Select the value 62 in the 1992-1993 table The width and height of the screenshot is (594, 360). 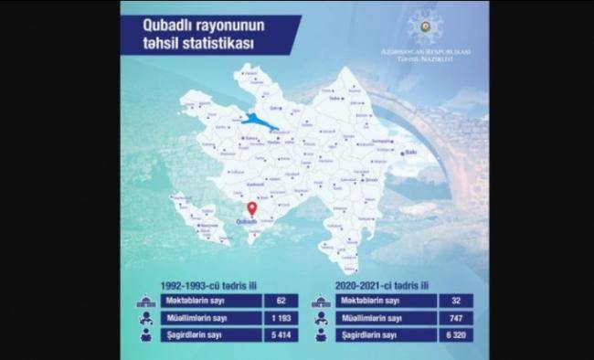(x=281, y=301)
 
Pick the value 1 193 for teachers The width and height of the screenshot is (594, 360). (x=281, y=318)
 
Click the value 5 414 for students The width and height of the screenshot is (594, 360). (x=281, y=335)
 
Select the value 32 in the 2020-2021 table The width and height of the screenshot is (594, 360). (x=455, y=301)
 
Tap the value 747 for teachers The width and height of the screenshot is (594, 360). (x=455, y=318)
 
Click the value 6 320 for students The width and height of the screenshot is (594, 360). (x=455, y=335)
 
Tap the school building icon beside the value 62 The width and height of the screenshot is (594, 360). (x=146, y=301)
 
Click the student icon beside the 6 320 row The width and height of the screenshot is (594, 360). (x=321, y=335)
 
